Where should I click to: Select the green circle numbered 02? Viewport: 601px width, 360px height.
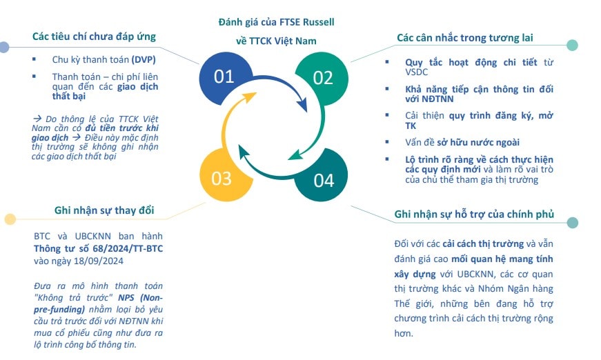[322, 78]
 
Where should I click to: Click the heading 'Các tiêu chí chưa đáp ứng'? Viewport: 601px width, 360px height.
[94, 37]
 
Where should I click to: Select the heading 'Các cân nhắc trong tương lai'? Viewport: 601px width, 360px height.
[464, 37]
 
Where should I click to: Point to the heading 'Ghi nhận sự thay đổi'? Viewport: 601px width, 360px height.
[104, 210]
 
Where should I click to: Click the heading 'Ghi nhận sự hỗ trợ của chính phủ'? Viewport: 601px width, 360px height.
[474, 214]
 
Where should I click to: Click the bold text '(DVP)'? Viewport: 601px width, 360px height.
[144, 60]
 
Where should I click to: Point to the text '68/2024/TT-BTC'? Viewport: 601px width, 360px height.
[128, 248]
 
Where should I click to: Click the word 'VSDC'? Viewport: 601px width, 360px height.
[416, 72]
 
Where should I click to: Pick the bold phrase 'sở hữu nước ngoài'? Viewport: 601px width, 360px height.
[478, 143]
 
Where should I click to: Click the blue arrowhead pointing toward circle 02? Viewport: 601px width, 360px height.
[302, 105]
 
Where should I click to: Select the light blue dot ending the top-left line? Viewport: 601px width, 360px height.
[4, 47]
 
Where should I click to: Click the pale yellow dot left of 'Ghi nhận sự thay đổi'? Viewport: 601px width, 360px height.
[10, 219]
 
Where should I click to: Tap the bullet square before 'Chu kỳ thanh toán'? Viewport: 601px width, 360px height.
[34, 59]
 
